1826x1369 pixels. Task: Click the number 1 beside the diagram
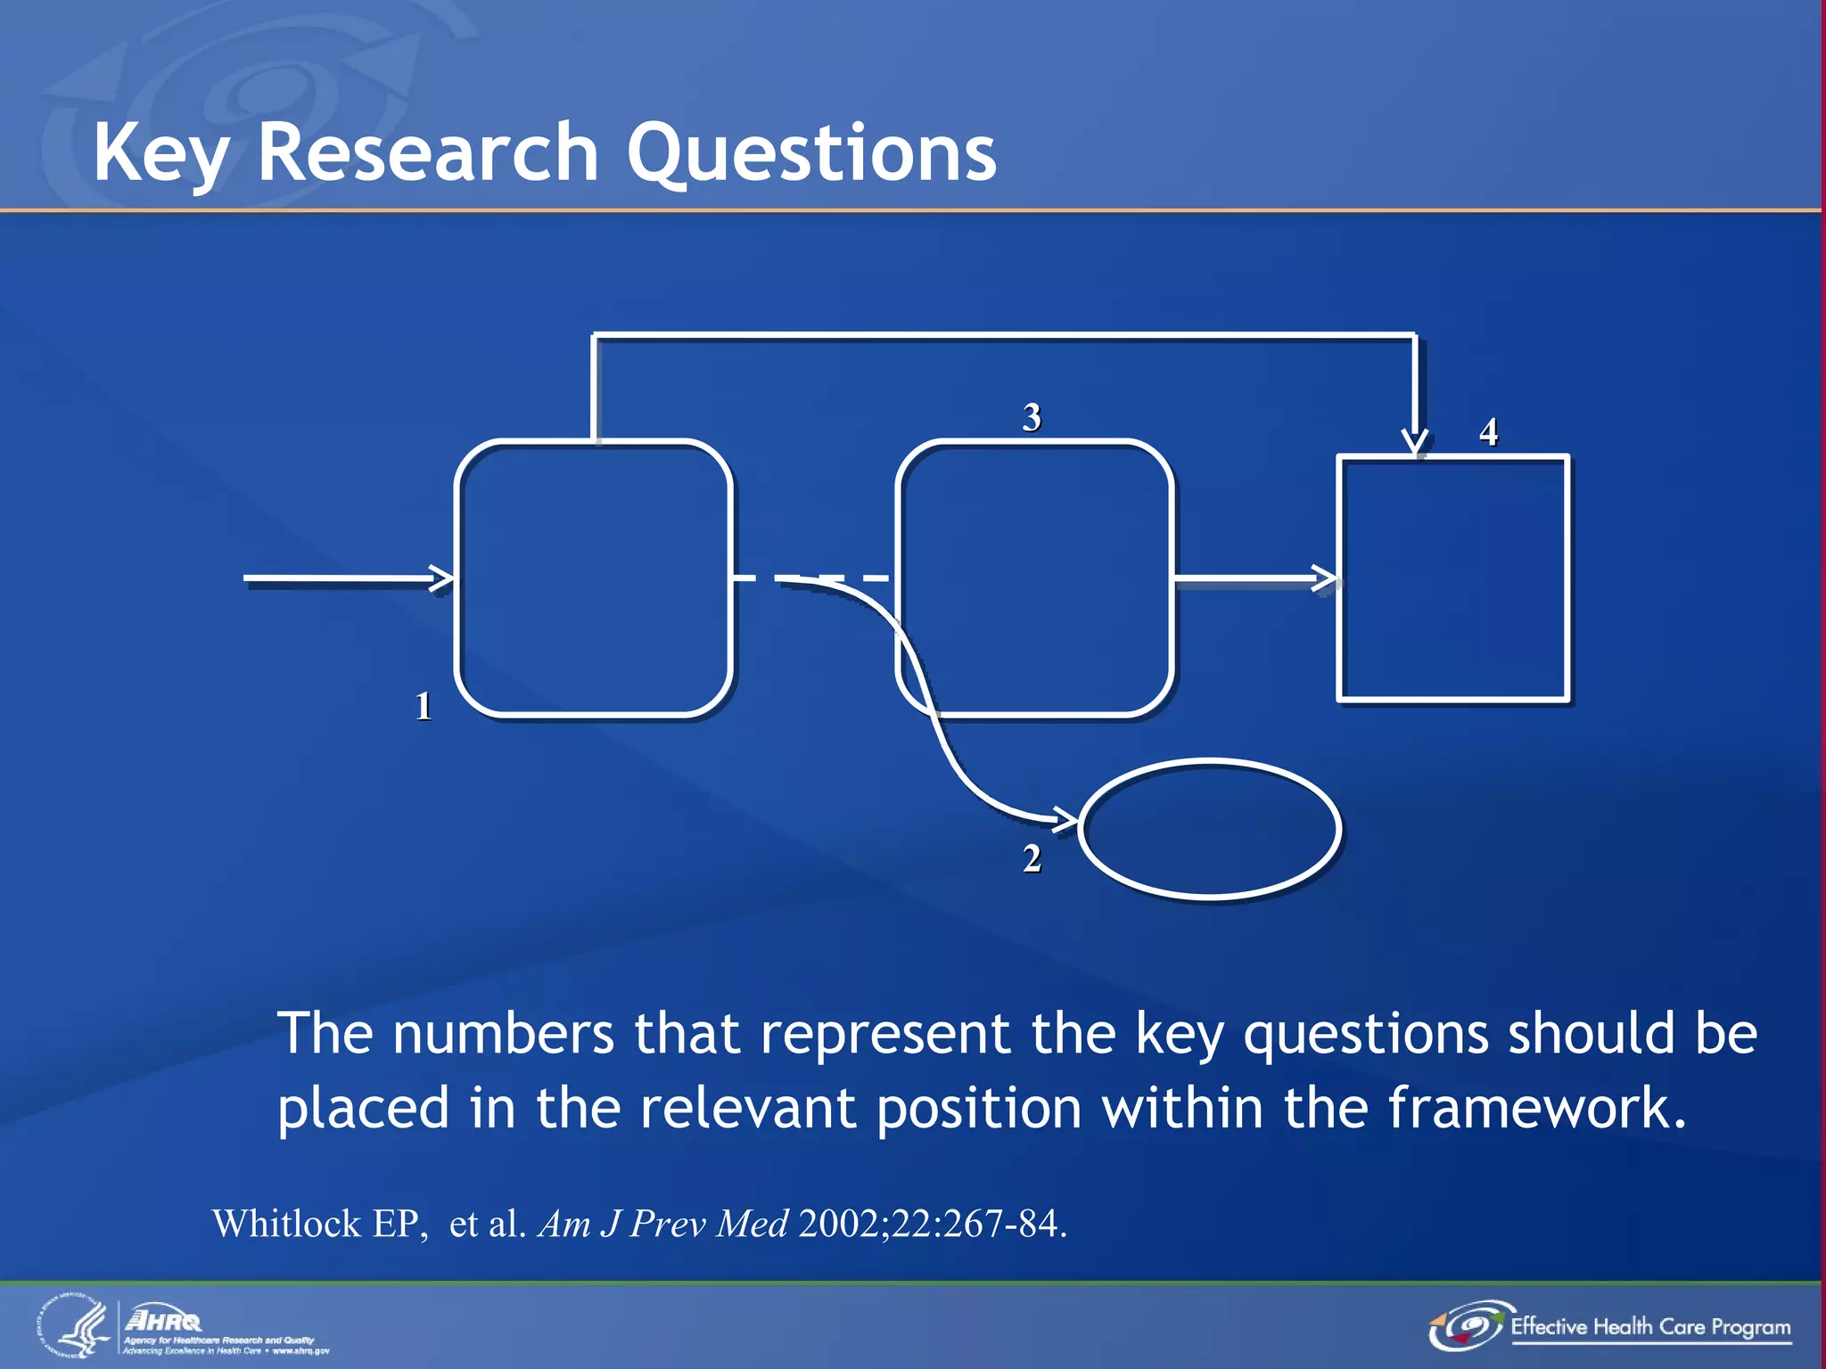click(x=424, y=707)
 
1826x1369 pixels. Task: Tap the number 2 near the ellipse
click(x=1032, y=859)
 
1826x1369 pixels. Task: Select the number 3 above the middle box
click(x=1032, y=417)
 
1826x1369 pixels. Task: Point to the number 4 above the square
click(x=1488, y=432)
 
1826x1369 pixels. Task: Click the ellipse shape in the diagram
click(x=1209, y=829)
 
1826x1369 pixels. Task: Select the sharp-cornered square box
click(x=1452, y=578)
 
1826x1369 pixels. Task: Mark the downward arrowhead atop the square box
click(x=1414, y=442)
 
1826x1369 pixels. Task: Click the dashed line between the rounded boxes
click(x=811, y=578)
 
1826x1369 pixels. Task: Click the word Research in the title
click(x=428, y=153)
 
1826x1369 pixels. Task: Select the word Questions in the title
click(x=811, y=153)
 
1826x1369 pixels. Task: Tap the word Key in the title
click(x=160, y=153)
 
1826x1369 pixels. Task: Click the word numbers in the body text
click(x=503, y=1034)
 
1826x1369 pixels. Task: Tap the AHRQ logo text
click(x=164, y=1320)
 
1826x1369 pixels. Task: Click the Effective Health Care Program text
click(x=1649, y=1327)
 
